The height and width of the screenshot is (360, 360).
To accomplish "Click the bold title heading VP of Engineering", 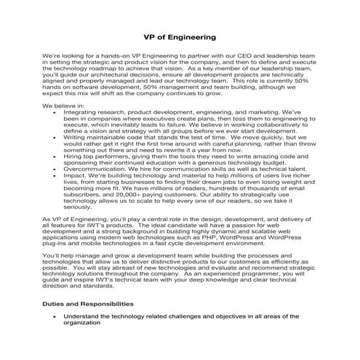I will (x=180, y=36).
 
